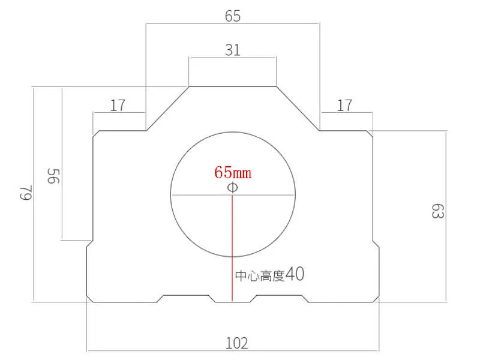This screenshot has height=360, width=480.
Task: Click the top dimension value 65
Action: coord(233,16)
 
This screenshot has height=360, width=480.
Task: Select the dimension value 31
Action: coord(233,50)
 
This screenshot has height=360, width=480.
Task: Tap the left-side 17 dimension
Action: coord(118,106)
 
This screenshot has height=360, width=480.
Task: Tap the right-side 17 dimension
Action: coord(344,106)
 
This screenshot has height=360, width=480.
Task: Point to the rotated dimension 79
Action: coord(25,193)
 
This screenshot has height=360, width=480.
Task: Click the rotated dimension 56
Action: coord(53,176)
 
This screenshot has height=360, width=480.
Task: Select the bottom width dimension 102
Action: coord(236,343)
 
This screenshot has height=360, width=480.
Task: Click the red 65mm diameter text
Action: coord(233,173)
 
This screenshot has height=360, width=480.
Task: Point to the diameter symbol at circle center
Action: coord(233,188)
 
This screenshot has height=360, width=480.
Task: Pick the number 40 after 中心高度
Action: coord(295,275)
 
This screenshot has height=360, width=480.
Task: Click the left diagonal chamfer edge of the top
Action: coord(168,109)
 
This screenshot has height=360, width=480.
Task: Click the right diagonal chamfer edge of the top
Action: coord(298,109)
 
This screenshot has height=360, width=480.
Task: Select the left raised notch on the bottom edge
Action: coord(187,296)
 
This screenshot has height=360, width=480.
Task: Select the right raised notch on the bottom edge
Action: coord(280,296)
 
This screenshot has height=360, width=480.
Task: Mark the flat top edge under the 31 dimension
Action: coord(233,87)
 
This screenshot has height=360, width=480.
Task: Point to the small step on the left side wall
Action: coord(90,243)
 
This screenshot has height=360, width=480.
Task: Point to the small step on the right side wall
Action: coord(376,243)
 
